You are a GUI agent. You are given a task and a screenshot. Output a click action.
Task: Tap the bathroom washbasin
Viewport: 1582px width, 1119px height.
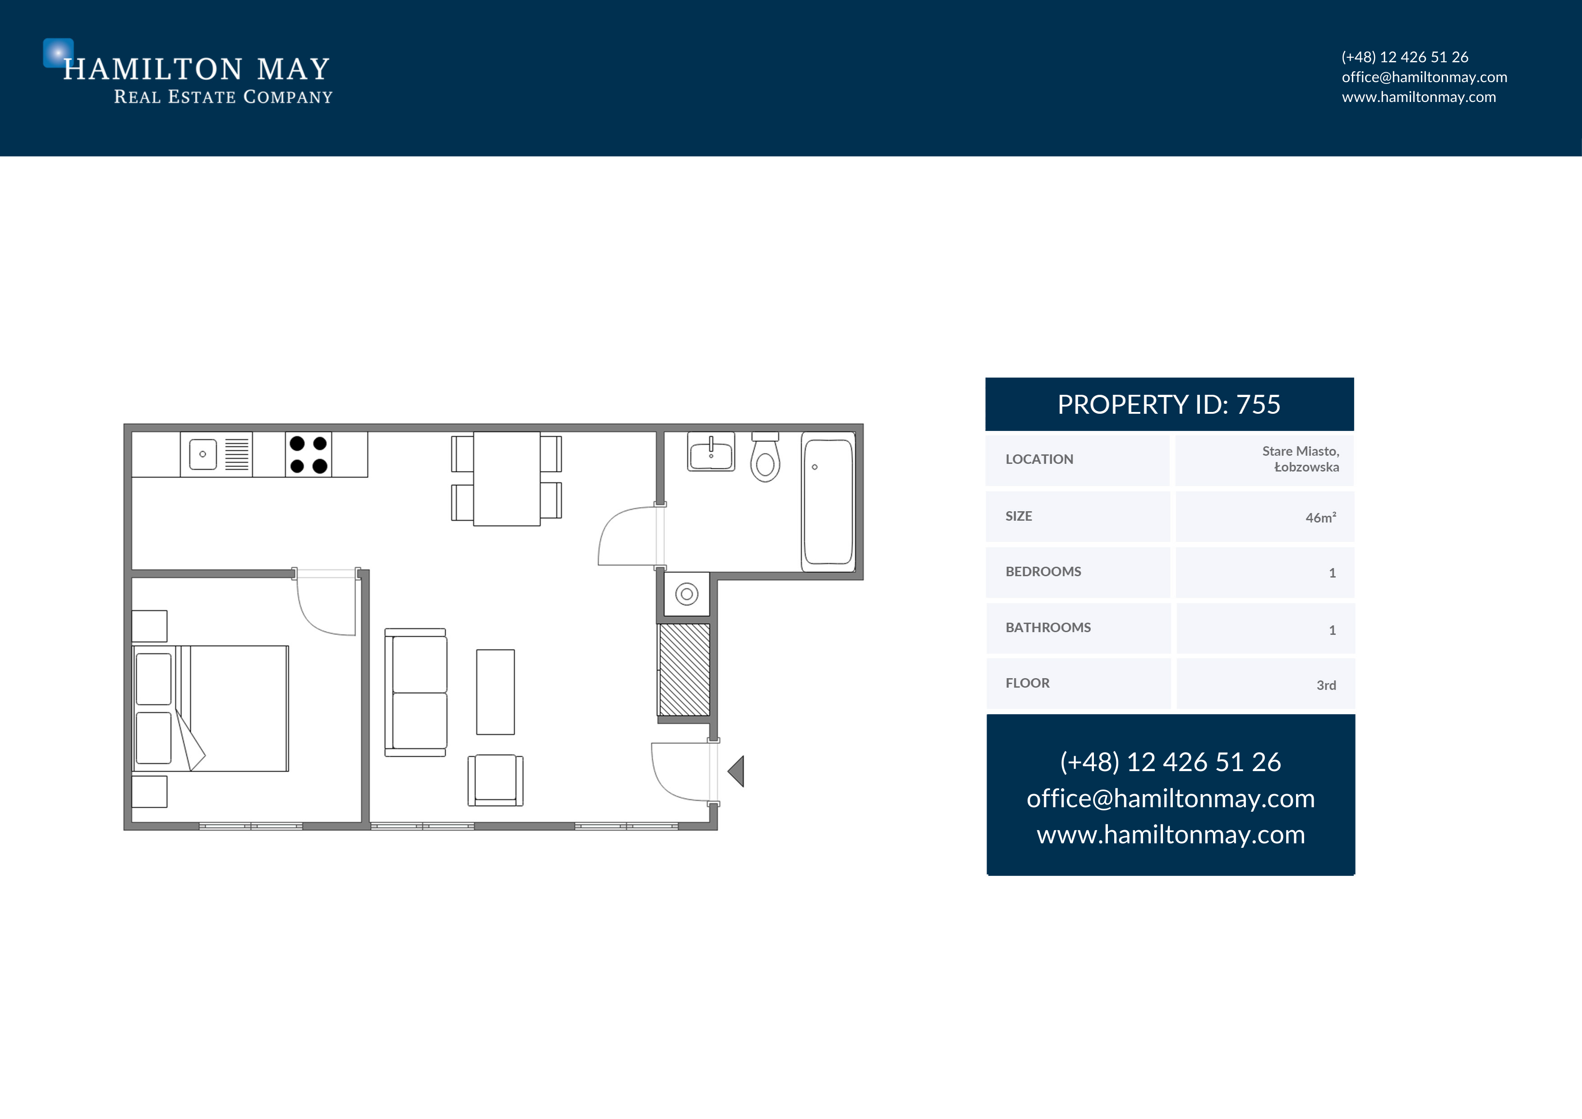click(711, 452)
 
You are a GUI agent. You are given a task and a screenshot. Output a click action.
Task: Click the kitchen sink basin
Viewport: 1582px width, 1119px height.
click(203, 454)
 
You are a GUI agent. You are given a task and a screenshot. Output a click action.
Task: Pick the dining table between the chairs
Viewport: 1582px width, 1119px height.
click(507, 478)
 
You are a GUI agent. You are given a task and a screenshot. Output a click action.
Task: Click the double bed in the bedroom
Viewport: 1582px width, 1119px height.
click(211, 708)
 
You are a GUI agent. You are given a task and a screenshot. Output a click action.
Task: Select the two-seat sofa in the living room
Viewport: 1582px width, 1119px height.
click(415, 693)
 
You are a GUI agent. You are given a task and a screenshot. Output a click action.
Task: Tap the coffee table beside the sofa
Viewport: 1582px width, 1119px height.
click(495, 692)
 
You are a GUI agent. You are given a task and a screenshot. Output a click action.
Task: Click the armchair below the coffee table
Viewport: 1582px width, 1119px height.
click(495, 780)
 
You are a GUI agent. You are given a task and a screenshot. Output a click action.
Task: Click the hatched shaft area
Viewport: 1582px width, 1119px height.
click(684, 670)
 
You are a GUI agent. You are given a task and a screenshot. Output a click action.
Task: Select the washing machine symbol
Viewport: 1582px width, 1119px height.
click(687, 594)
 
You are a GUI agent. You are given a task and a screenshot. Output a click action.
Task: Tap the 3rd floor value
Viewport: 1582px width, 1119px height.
click(1326, 685)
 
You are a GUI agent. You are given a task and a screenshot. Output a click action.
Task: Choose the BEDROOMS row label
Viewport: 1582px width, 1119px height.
click(1043, 571)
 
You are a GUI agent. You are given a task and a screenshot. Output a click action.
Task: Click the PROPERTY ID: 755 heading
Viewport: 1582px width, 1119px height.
click(1169, 404)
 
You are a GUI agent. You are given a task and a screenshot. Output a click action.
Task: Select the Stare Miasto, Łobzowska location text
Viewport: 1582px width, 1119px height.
click(1301, 459)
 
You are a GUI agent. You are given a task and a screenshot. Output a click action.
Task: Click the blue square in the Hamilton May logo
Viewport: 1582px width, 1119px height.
click(58, 52)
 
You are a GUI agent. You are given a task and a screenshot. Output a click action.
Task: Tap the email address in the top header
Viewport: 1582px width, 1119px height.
click(1424, 77)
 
